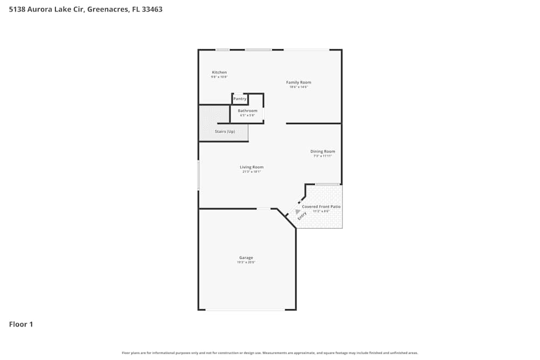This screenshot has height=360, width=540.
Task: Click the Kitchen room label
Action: click(x=219, y=72)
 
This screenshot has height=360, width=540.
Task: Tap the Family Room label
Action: click(x=299, y=83)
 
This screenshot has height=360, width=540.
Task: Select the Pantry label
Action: click(x=240, y=99)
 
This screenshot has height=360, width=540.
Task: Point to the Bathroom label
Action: click(x=248, y=111)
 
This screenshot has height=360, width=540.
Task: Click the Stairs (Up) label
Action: click(x=225, y=132)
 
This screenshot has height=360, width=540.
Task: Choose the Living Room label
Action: click(x=252, y=167)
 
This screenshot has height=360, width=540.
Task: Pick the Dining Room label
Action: click(x=322, y=152)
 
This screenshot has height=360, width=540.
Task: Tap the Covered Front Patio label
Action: click(x=321, y=207)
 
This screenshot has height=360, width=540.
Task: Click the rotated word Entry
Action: click(x=302, y=214)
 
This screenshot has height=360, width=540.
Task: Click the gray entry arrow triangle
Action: click(x=297, y=212)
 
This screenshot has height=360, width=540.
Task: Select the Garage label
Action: click(x=246, y=258)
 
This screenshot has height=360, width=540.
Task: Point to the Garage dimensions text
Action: click(x=246, y=263)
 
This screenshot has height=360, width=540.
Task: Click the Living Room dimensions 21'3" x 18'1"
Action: click(x=252, y=172)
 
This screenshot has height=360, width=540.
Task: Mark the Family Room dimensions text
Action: click(x=299, y=87)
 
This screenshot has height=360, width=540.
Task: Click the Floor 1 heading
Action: click(x=21, y=324)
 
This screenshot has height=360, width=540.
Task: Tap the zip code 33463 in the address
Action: click(x=152, y=9)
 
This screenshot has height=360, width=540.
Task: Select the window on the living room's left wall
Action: click(x=199, y=175)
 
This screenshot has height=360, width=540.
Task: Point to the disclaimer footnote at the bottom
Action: click(x=270, y=353)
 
